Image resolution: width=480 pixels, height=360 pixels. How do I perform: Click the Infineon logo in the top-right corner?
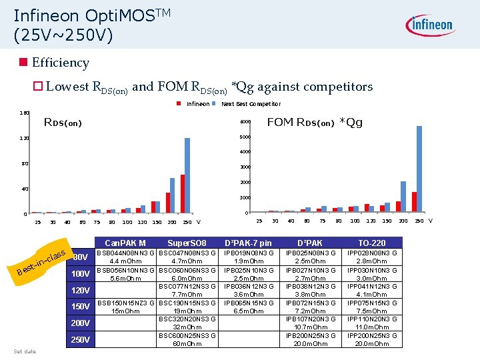coord(431,26)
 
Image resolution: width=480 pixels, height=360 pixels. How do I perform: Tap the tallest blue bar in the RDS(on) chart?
coord(187,175)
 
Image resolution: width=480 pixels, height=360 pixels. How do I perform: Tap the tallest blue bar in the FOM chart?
coord(419,169)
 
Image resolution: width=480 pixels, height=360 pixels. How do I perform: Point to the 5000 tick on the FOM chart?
coord(245,138)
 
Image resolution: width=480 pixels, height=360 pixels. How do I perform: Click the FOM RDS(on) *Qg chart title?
coord(315,122)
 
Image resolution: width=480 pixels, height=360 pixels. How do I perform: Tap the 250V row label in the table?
coord(81,340)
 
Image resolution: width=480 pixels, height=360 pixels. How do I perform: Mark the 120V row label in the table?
coord(81,290)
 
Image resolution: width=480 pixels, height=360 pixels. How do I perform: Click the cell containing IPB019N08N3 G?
coord(248,257)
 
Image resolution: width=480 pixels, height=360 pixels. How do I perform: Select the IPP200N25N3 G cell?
coord(371,339)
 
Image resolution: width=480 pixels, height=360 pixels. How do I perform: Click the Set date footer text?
coord(25,351)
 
